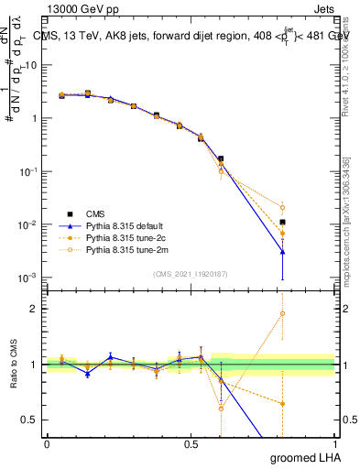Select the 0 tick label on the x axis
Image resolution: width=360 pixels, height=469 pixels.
tap(47, 442)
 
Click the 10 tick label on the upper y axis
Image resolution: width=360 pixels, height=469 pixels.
tap(32, 65)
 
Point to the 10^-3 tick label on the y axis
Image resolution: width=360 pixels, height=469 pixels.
tap(29, 278)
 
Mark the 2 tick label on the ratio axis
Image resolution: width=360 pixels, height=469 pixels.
tap(35, 309)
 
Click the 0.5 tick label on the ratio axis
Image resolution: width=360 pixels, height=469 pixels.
tap(31, 420)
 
